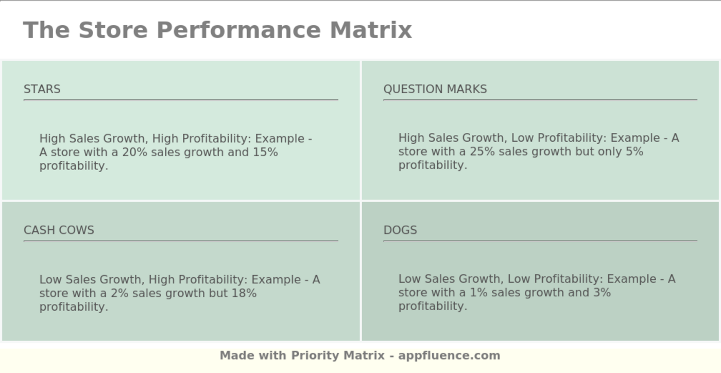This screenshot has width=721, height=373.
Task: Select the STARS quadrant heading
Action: click(42, 89)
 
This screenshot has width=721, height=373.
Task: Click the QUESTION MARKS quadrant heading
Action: click(435, 89)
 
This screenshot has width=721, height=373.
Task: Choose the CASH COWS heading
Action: click(59, 230)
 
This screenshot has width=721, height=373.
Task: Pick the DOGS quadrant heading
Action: click(400, 230)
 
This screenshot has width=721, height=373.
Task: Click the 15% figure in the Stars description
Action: click(265, 152)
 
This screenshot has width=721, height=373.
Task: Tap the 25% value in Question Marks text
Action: click(482, 151)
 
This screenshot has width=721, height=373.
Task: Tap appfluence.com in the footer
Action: click(449, 355)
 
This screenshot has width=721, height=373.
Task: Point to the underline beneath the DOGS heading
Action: click(540, 241)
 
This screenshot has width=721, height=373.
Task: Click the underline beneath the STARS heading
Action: click(181, 99)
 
